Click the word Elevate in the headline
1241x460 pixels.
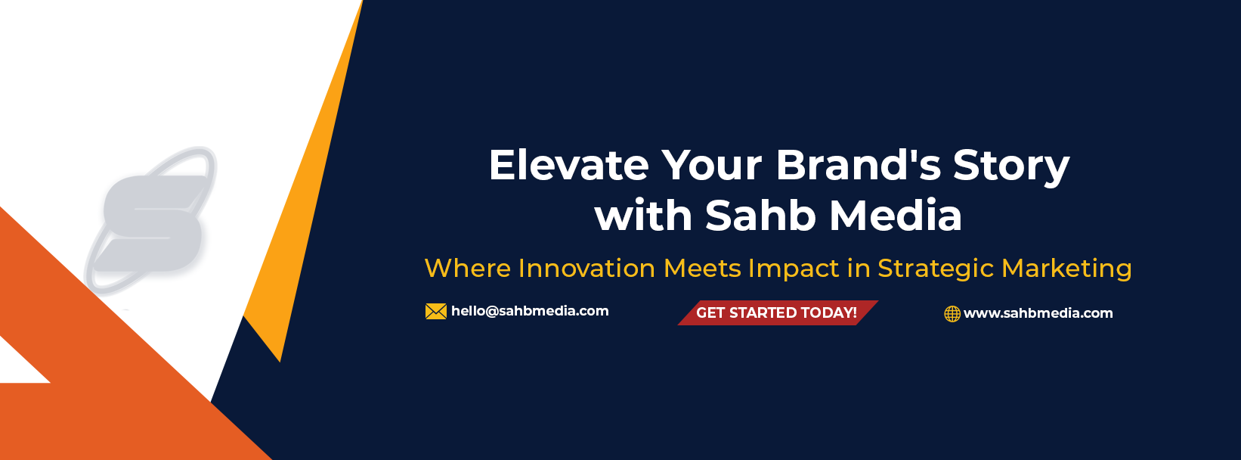point(568,166)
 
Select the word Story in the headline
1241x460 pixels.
point(1011,167)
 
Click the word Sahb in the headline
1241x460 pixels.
point(760,215)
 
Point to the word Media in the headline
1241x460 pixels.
point(896,215)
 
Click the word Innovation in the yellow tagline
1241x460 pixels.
point(586,268)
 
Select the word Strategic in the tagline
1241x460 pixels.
point(936,269)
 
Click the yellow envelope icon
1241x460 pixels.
point(436,311)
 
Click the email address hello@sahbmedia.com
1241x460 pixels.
point(530,311)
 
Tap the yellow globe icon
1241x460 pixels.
point(952,313)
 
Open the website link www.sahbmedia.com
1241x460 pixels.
point(1038,313)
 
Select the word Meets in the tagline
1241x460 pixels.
point(702,268)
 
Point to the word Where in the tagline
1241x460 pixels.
point(468,268)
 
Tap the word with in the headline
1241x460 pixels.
point(643,215)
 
